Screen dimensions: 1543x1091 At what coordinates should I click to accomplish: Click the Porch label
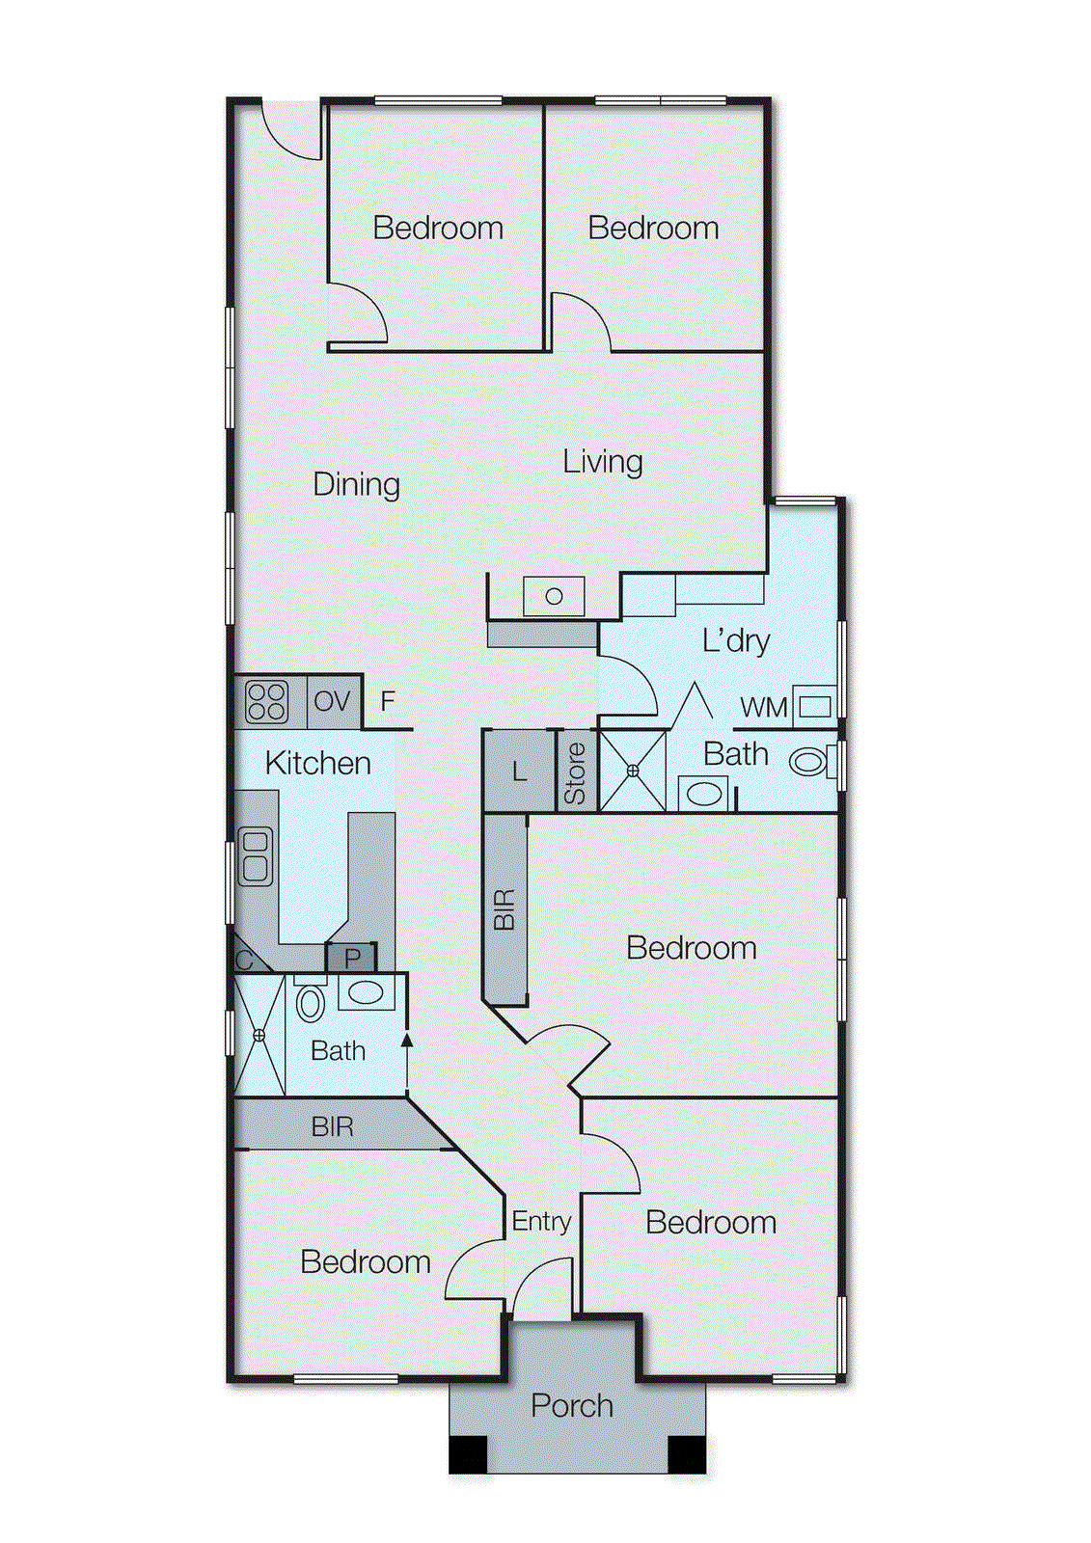pyautogui.click(x=572, y=1406)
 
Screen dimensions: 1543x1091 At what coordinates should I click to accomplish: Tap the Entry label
pyautogui.click(x=541, y=1222)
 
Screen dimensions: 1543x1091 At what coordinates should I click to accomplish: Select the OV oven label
pyautogui.click(x=332, y=701)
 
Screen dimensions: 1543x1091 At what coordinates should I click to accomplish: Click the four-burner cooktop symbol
pyautogui.click(x=266, y=701)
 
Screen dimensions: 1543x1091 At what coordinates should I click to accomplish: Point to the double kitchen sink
pyautogui.click(x=255, y=856)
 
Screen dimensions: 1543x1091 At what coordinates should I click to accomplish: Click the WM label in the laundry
pyautogui.click(x=763, y=708)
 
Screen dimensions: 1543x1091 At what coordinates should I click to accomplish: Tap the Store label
pyautogui.click(x=575, y=773)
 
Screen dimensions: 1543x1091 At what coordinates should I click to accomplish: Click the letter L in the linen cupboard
pyautogui.click(x=520, y=771)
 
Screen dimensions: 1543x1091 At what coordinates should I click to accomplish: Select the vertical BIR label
pyautogui.click(x=505, y=909)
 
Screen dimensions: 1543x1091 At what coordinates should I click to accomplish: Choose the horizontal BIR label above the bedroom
pyautogui.click(x=332, y=1126)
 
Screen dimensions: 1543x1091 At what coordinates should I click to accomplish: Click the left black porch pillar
pyautogui.click(x=469, y=1454)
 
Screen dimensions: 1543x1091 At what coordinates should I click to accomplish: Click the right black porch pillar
pyautogui.click(x=687, y=1454)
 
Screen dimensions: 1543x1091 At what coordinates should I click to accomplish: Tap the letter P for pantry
pyautogui.click(x=352, y=959)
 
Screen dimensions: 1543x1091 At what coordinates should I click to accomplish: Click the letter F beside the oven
pyautogui.click(x=388, y=701)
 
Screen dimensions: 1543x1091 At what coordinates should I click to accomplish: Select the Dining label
pyautogui.click(x=356, y=484)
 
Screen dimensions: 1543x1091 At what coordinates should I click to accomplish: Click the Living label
pyautogui.click(x=602, y=462)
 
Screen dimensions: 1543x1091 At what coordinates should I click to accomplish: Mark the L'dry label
pyautogui.click(x=735, y=640)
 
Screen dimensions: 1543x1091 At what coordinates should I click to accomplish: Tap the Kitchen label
pyautogui.click(x=317, y=763)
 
